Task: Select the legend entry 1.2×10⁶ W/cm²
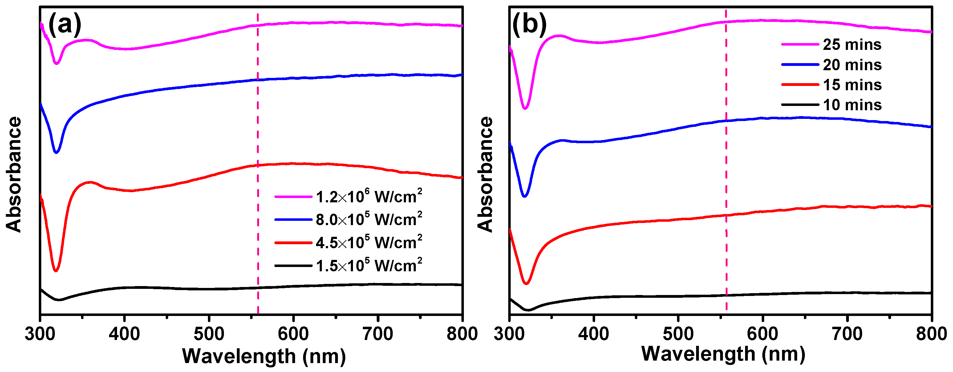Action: pyautogui.click(x=368, y=197)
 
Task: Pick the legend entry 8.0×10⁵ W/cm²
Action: pyautogui.click(x=368, y=220)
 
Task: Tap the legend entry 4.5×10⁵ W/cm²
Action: pyautogui.click(x=368, y=243)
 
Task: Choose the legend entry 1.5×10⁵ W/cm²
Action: pyautogui.click(x=368, y=265)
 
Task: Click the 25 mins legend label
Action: pyautogui.click(x=852, y=45)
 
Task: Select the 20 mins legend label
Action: pyautogui.click(x=852, y=65)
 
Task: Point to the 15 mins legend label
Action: pyautogui.click(x=852, y=85)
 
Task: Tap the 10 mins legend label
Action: pyautogui.click(x=852, y=105)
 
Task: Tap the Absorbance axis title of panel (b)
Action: pyautogui.click(x=485, y=174)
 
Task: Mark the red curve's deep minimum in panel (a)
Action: pyautogui.click(x=55, y=271)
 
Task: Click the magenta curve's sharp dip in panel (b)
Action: pyautogui.click(x=525, y=108)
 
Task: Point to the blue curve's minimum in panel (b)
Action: pyautogui.click(x=524, y=196)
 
